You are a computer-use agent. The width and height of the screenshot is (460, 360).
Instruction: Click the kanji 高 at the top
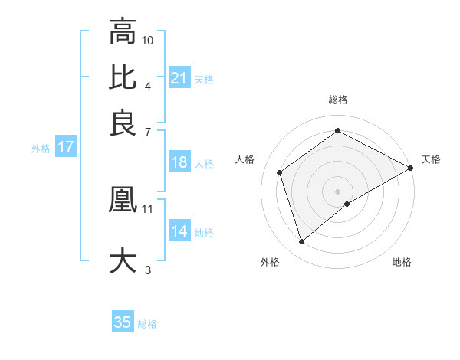click(123, 32)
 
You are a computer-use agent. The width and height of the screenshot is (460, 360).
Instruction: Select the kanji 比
click(123, 77)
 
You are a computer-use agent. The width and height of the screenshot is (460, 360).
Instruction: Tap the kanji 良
click(123, 123)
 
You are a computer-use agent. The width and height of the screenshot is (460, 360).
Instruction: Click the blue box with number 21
click(179, 78)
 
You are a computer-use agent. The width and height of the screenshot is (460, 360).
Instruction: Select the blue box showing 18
click(179, 162)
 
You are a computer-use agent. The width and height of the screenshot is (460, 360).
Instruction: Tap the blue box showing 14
click(179, 231)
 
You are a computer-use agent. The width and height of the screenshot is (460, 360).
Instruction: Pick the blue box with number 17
click(65, 148)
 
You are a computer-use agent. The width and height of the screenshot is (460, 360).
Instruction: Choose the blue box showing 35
click(123, 322)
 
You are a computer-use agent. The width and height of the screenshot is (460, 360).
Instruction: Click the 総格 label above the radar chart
click(338, 100)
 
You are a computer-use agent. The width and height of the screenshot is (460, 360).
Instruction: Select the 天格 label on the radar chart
click(431, 159)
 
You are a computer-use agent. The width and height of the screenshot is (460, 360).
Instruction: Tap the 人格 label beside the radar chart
click(245, 159)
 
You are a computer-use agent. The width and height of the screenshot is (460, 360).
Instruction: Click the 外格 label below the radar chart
click(270, 262)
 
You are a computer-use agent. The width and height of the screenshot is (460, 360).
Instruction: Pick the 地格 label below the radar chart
click(402, 262)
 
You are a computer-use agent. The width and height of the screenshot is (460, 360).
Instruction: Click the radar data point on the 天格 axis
click(411, 168)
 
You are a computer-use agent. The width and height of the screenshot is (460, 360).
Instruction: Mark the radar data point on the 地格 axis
click(347, 204)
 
